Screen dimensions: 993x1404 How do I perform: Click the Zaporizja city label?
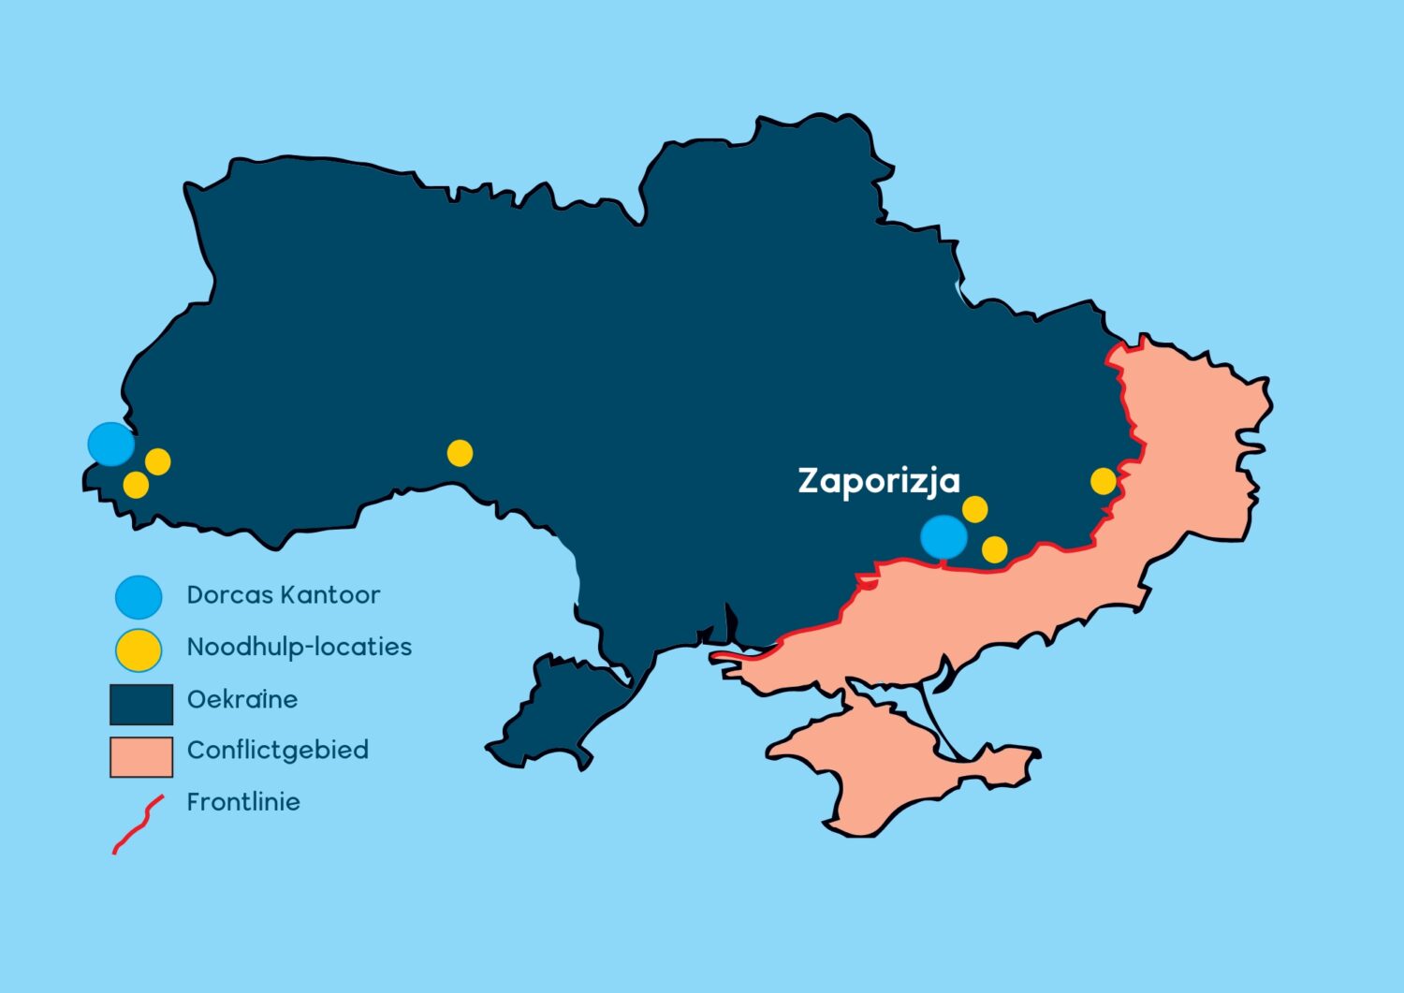878,480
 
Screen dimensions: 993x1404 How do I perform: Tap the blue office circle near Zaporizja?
943,537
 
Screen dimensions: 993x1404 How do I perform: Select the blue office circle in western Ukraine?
111,444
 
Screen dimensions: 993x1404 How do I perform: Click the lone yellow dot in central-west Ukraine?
460,453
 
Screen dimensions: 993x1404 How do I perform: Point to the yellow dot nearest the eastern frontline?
1104,481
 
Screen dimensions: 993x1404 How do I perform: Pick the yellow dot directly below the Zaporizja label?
974,509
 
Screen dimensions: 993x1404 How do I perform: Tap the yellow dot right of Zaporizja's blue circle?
994,549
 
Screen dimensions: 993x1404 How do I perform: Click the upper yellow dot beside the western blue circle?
157,461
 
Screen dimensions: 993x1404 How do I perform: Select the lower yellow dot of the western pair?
136,485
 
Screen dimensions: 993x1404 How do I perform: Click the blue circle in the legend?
139,596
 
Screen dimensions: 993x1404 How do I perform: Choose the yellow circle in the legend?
139,650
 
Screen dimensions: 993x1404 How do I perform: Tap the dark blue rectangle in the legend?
141,704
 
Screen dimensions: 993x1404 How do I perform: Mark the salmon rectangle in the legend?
141,757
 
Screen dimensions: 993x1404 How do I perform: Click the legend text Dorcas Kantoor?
283,595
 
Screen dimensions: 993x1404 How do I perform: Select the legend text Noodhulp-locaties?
299,647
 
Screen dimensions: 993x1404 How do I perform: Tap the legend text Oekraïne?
241,699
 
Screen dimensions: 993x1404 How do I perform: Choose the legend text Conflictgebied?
277,750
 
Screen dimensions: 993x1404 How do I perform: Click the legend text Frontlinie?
243,802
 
